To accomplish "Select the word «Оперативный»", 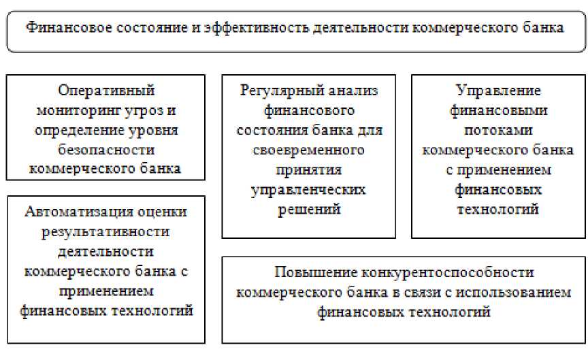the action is pyautogui.click(x=106, y=91).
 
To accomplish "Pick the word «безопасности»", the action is pyautogui.click(x=105, y=149).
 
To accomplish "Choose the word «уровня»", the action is pyautogui.click(x=159, y=130).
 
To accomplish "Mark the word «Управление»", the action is pyautogui.click(x=498, y=91).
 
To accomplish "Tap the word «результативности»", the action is pyautogui.click(x=105, y=231).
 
